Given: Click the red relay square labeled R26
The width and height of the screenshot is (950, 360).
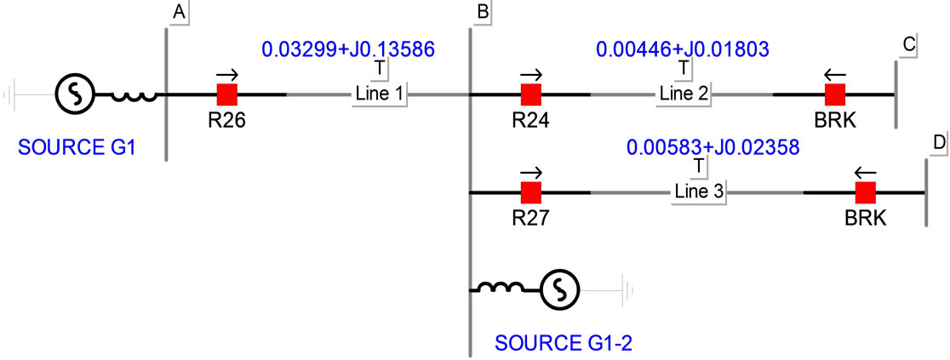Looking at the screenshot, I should [227, 94].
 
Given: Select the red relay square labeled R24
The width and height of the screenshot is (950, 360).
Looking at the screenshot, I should [532, 94].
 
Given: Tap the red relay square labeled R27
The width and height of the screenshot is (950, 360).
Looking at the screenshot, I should [532, 192].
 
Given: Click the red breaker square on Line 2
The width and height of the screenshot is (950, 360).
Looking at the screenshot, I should [835, 94].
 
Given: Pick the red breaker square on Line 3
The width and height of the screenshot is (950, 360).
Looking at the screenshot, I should [866, 192].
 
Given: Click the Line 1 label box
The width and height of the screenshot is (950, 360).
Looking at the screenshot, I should [380, 94].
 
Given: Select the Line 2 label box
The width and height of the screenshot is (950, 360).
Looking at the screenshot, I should [683, 94].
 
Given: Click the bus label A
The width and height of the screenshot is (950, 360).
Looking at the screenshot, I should [179, 12].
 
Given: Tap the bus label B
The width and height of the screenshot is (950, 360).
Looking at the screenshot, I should [483, 12].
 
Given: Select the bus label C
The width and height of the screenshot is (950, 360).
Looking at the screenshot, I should [908, 47].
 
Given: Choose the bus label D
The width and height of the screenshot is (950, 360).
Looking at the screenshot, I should [939, 144].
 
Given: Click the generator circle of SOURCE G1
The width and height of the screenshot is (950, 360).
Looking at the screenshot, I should [74, 94].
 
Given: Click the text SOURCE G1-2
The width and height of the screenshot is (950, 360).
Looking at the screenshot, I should [564, 344].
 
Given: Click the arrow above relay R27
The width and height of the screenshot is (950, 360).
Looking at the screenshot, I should [532, 170].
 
